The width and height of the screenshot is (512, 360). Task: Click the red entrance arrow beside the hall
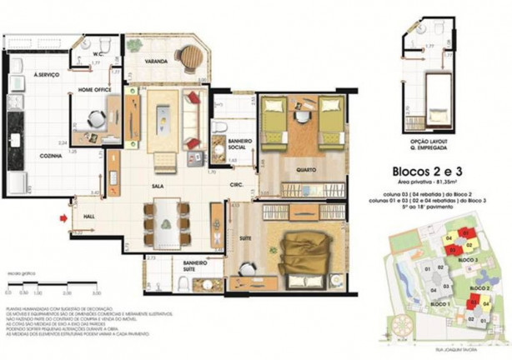point(63,219)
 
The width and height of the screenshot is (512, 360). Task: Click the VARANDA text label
point(156,62)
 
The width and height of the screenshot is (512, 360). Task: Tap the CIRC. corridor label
point(237,186)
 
